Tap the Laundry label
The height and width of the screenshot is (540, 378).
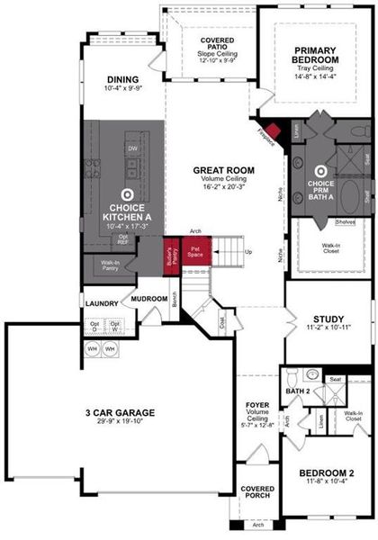coord(102,304)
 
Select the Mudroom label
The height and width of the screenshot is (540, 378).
coord(149,298)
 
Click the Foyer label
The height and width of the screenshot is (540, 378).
coord(258,405)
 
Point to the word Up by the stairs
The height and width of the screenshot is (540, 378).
coord(248,251)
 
